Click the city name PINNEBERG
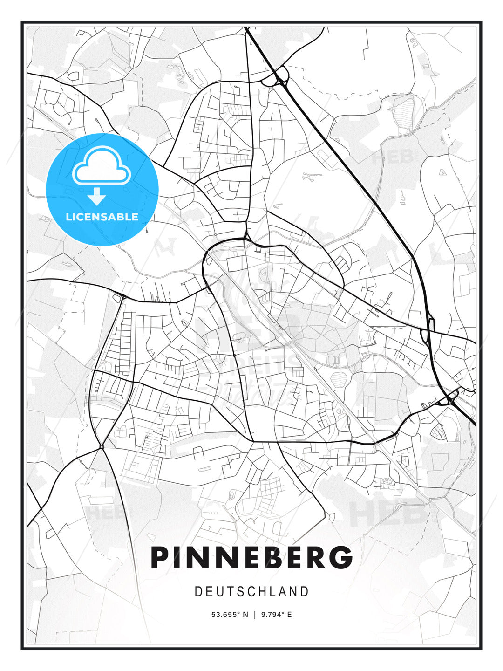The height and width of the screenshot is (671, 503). tap(251, 557)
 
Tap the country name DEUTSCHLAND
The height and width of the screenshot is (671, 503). tap(251, 592)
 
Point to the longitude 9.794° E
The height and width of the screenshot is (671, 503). tap(276, 615)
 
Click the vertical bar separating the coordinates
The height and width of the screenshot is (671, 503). tap(255, 615)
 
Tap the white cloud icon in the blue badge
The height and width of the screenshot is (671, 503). tap(102, 166)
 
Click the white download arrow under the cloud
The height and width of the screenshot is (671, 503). tap(96, 197)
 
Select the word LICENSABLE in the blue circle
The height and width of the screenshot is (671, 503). tap(102, 217)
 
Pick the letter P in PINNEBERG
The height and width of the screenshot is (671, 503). tap(159, 557)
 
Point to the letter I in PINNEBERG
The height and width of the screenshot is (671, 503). tap(179, 557)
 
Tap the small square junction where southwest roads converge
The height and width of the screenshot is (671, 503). tap(101, 447)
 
